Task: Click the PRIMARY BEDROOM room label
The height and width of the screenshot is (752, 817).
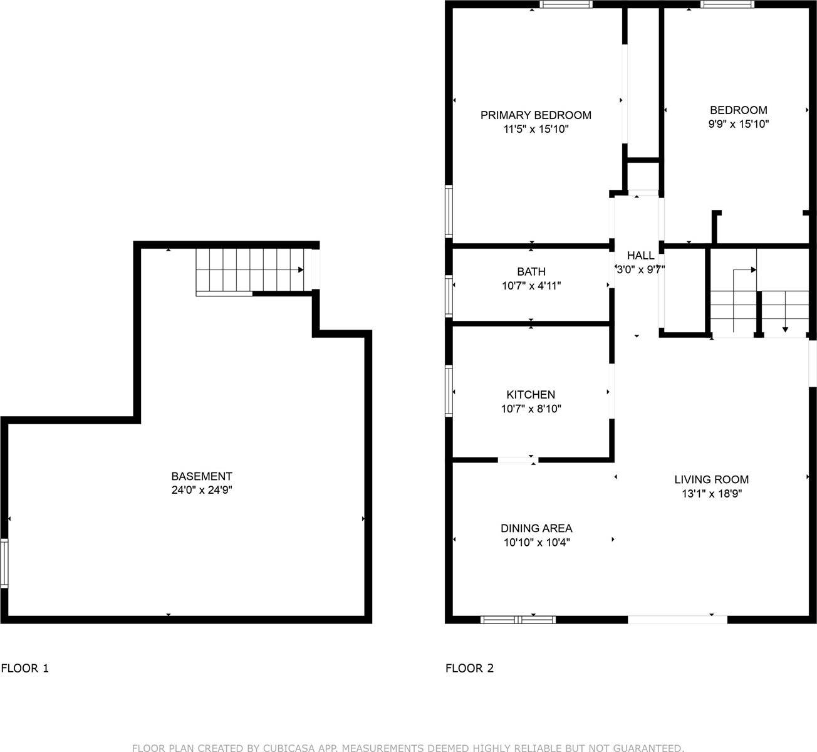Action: [x=536, y=115]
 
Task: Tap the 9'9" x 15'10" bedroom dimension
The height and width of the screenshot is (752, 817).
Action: [x=738, y=124]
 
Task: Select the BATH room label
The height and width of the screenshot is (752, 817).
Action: [x=531, y=271]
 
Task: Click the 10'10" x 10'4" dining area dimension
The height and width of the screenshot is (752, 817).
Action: [x=536, y=543]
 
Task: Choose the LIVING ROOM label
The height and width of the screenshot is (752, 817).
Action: [x=711, y=480]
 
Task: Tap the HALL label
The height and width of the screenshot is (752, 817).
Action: [x=640, y=256]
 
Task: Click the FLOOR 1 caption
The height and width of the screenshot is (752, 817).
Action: [x=25, y=668]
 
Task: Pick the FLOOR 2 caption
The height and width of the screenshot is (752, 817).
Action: [x=469, y=668]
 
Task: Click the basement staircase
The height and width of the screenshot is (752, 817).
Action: [x=251, y=270]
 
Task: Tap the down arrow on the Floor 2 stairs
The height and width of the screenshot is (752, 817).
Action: [x=785, y=328]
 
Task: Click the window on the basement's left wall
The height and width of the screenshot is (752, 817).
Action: [x=4, y=563]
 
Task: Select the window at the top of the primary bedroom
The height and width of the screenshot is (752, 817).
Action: [x=566, y=4]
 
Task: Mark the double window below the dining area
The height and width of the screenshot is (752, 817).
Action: [x=518, y=620]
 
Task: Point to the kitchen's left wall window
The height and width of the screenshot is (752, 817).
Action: [x=449, y=391]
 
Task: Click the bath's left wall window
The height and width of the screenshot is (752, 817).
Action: [x=449, y=295]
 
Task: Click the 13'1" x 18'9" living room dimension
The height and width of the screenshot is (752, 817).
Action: [x=711, y=494]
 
